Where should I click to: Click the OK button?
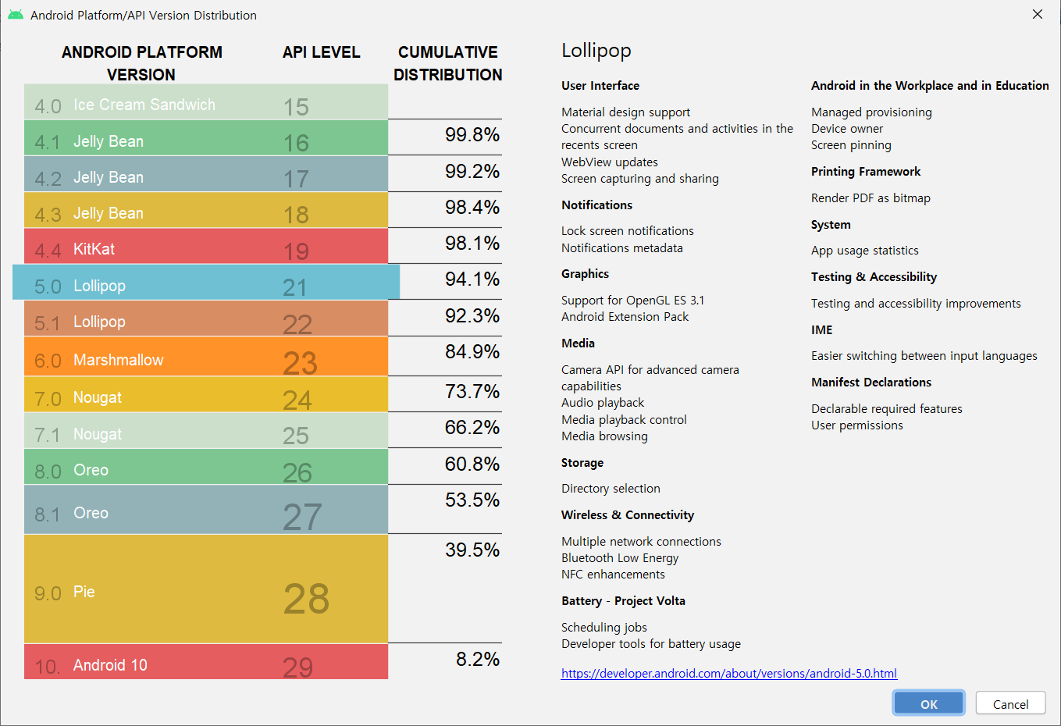pyautogui.click(x=928, y=703)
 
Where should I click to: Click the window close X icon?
pyautogui.click(x=1037, y=14)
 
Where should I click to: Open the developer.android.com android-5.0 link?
pyautogui.click(x=728, y=673)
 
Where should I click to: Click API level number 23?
pyautogui.click(x=300, y=362)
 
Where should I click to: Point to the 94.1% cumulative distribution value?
pyautogui.click(x=472, y=279)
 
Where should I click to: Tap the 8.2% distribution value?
pyautogui.click(x=477, y=660)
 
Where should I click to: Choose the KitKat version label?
pyautogui.click(x=94, y=249)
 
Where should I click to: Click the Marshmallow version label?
pyautogui.click(x=118, y=360)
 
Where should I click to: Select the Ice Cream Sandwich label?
pyautogui.click(x=144, y=105)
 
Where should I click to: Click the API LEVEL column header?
pyautogui.click(x=321, y=52)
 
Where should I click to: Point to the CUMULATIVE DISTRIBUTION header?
pyautogui.click(x=447, y=63)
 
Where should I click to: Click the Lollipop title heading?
pyautogui.click(x=596, y=51)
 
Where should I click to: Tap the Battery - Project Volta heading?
pyautogui.click(x=622, y=601)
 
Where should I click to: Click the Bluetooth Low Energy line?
pyautogui.click(x=619, y=558)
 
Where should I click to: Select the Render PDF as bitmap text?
pyautogui.click(x=870, y=198)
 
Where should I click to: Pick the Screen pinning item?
pyautogui.click(x=850, y=145)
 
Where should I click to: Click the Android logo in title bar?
pyautogui.click(x=16, y=15)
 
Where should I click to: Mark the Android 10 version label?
pyautogui.click(x=109, y=665)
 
